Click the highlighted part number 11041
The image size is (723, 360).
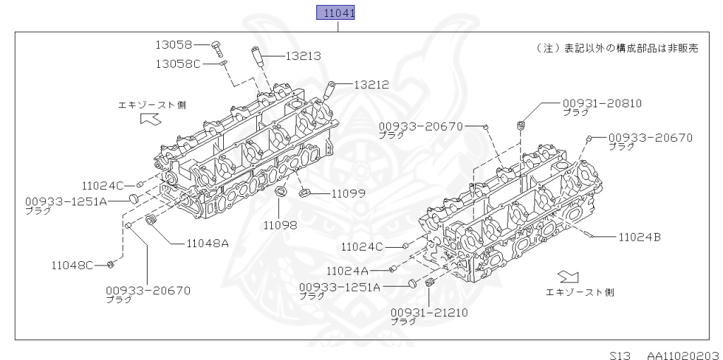click(x=335, y=13)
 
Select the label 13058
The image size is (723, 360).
click(x=174, y=44)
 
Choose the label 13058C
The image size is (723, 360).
click(x=178, y=64)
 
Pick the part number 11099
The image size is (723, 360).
click(x=330, y=193)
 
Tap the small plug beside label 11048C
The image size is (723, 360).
click(x=111, y=265)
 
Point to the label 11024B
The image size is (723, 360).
click(x=640, y=237)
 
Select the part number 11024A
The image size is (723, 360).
click(x=347, y=270)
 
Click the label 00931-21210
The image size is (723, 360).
click(x=429, y=311)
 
